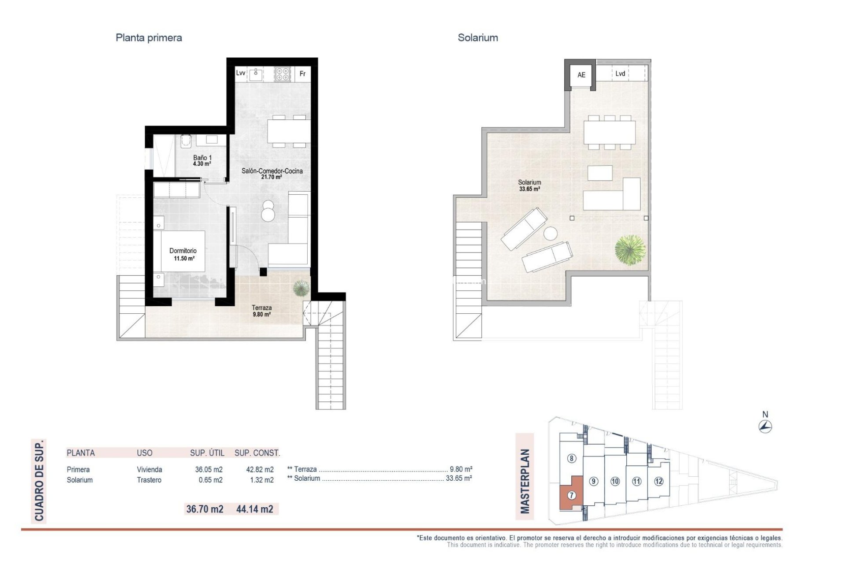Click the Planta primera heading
(x=148, y=38)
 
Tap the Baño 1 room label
(x=202, y=160)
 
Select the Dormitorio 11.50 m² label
(x=183, y=254)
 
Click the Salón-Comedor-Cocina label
(x=272, y=174)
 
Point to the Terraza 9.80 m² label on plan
(x=261, y=311)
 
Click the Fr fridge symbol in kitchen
(x=302, y=74)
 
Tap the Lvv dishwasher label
(x=240, y=73)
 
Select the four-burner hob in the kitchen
(x=283, y=74)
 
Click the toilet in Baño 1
(x=186, y=141)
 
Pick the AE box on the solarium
(x=581, y=75)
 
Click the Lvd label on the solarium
(x=620, y=74)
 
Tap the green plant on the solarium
(x=630, y=250)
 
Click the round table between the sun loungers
(x=550, y=233)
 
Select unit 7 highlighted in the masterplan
(x=571, y=495)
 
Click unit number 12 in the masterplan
(x=658, y=481)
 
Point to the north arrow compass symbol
(x=765, y=426)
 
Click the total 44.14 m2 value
(x=254, y=509)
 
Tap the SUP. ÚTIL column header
(x=207, y=453)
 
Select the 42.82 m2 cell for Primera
(x=260, y=470)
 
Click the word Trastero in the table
(x=149, y=480)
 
